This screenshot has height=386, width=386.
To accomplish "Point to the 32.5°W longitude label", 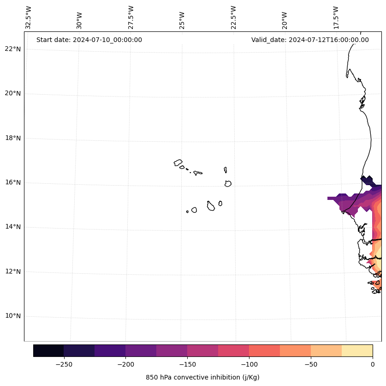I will tap(29, 18).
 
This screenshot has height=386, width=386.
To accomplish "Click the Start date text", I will tap(89, 40).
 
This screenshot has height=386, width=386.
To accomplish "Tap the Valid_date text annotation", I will tap(310, 40).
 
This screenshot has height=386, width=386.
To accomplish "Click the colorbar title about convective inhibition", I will tap(202, 377).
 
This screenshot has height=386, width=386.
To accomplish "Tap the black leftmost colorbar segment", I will tap(48, 351).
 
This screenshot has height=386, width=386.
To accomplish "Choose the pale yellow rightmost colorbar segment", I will tap(357, 351).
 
